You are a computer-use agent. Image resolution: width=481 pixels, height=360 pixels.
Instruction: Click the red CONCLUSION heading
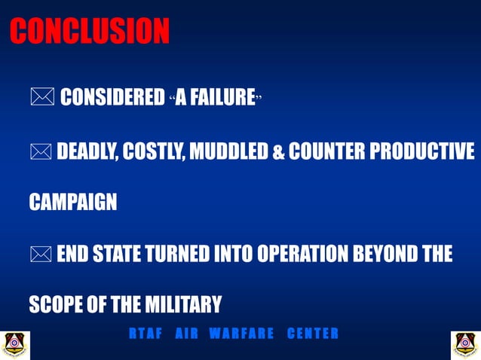(x=90, y=32)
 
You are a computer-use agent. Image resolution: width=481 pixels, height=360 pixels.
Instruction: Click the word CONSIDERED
(x=112, y=98)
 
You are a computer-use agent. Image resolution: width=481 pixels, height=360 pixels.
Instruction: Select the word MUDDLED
(x=228, y=151)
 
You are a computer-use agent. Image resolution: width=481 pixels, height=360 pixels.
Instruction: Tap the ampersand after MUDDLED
(x=277, y=152)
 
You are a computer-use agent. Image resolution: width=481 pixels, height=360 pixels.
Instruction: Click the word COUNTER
(x=324, y=151)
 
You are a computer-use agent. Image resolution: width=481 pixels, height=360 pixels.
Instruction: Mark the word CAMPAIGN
(x=73, y=203)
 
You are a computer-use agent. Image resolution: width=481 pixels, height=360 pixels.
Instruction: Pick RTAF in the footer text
(x=146, y=334)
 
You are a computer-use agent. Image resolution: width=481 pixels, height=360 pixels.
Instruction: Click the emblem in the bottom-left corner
(x=14, y=344)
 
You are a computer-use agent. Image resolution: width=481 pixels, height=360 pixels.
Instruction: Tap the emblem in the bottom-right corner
(x=465, y=344)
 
